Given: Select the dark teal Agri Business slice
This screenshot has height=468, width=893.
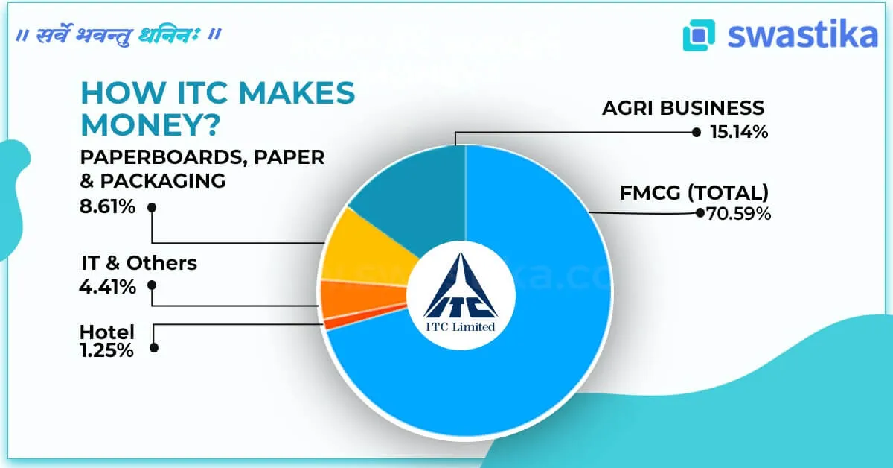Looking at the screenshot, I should click(417, 194).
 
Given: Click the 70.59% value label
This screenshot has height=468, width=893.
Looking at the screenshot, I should click(737, 214).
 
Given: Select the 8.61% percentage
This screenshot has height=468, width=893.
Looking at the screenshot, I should click(108, 206).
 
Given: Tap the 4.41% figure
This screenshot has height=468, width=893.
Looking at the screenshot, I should click(108, 286).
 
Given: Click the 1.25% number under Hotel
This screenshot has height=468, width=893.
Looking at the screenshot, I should click(106, 350).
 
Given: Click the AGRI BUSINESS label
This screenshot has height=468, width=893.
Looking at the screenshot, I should click(683, 108).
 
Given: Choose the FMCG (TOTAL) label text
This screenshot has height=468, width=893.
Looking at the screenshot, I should click(694, 193).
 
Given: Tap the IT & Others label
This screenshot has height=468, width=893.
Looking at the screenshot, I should click(139, 263).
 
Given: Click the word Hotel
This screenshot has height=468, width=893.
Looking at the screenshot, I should click(107, 332).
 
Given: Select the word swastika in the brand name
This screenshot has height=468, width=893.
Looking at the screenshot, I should click(802, 35).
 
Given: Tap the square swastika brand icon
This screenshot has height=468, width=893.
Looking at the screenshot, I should click(699, 35).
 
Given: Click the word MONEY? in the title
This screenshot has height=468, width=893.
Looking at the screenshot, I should click(149, 124).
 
